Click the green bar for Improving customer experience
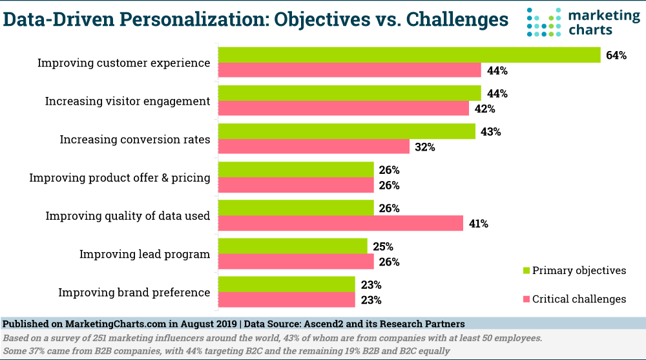pos(410,55)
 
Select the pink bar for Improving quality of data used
pos(340,224)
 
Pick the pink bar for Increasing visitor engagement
pos(344,109)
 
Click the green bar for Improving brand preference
pos(287,284)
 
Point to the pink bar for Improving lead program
pos(296,262)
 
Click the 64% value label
pos(616,56)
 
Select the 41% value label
pos(479,224)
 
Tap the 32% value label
pos(425,147)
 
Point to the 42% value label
pos(484,109)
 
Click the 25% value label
pos(383,246)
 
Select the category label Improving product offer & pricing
pos(120,178)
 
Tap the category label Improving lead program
pos(145,254)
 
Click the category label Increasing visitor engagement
pos(127,101)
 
